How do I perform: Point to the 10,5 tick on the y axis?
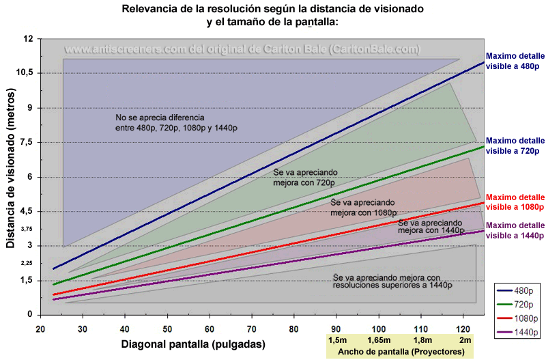coord(24,73)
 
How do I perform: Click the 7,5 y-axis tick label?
coord(26,142)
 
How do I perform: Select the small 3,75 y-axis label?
coord(27,229)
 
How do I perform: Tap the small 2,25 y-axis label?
coord(27,263)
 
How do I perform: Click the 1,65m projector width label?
coord(377,340)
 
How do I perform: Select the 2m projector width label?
coord(465,340)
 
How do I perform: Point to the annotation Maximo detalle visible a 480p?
coord(515,61)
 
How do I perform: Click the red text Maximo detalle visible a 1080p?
coord(515,201)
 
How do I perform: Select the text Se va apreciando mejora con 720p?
coord(305,178)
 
